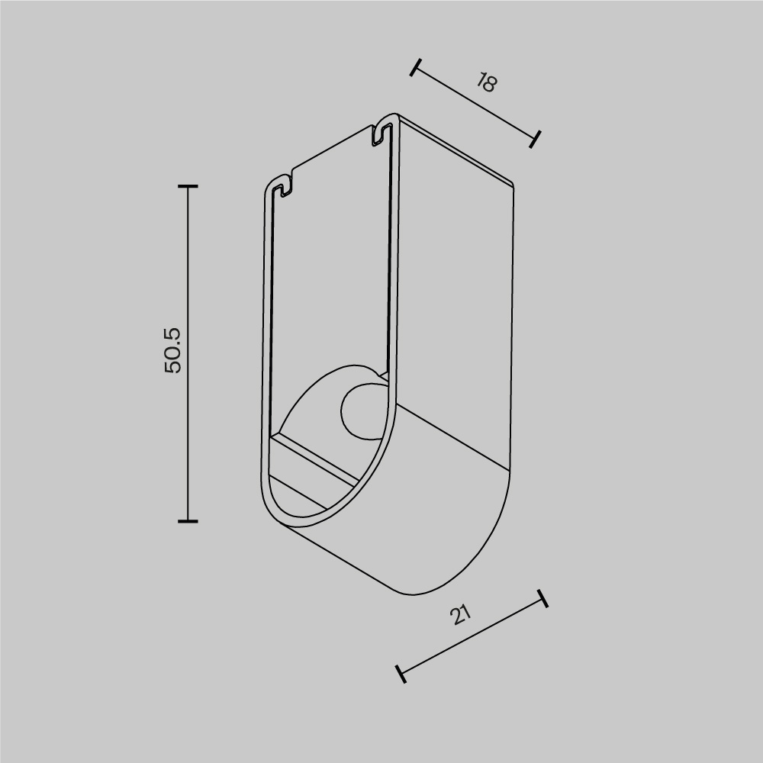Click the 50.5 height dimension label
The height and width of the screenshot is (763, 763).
173,350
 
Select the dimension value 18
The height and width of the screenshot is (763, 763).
486,82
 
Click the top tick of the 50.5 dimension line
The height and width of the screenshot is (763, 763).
188,186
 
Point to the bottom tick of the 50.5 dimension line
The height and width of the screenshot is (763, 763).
188,521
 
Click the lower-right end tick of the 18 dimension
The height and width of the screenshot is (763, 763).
535,138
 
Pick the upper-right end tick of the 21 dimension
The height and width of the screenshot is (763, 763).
542,598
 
